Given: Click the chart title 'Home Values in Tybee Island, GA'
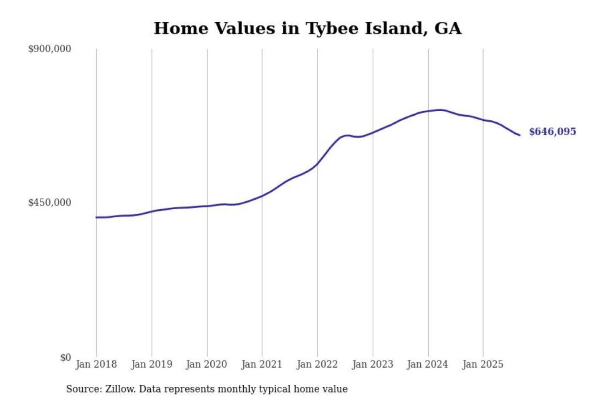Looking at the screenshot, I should tap(308, 28).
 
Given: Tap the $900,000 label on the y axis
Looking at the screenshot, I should tap(49, 49).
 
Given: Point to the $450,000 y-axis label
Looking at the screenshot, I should tap(49, 203).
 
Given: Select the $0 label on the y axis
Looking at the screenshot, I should tap(65, 358).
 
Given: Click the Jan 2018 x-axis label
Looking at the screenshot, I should tap(96, 364).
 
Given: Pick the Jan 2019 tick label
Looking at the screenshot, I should tap(152, 364).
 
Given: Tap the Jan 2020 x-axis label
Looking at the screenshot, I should tap(207, 364).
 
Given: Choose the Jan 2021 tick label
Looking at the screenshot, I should tap(262, 364).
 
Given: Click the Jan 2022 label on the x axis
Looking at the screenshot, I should tap(317, 364).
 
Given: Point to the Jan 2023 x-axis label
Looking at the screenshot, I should tap(373, 364).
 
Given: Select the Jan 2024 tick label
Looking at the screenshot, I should tap(427, 364).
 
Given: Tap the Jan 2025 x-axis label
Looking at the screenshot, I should tap(483, 364).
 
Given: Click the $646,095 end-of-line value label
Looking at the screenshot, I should tap(552, 132).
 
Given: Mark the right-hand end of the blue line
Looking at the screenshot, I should tap(520, 135).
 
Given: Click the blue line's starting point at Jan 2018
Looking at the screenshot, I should tap(96, 217).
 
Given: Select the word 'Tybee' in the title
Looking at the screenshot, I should tap(333, 28).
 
